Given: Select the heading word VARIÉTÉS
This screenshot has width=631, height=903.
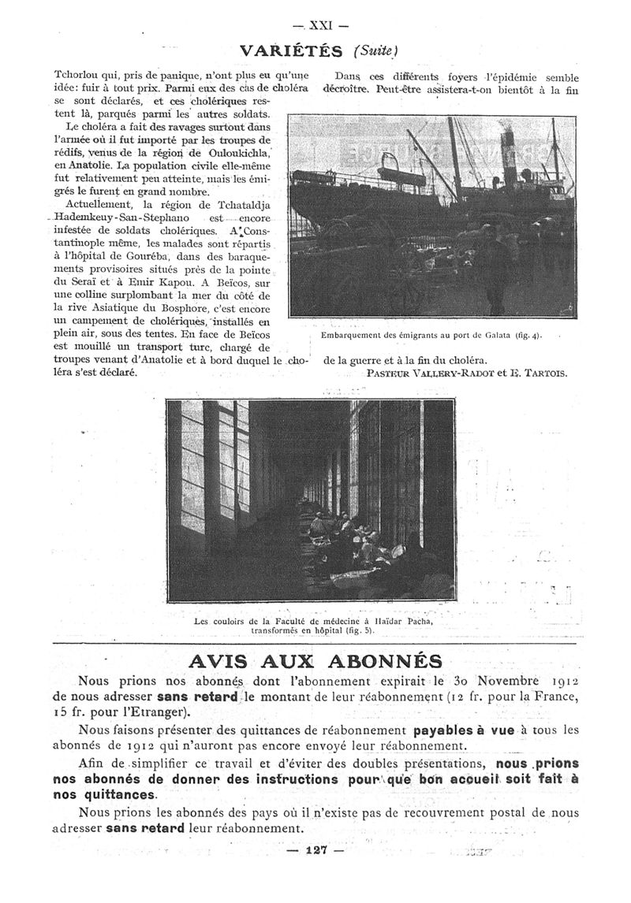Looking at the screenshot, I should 291,51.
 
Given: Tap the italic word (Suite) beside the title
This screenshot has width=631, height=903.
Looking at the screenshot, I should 378,50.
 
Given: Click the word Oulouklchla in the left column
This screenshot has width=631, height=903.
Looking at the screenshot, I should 205,152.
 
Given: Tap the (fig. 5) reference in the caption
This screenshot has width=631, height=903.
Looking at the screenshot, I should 358,630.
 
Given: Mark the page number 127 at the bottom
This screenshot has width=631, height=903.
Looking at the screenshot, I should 315,849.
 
